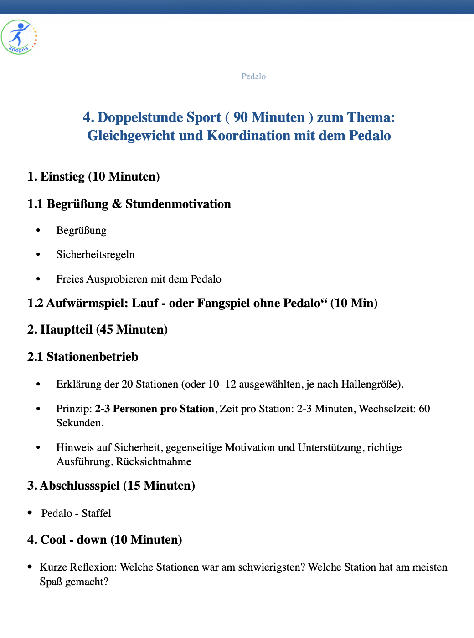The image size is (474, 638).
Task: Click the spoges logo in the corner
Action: coord(19,37)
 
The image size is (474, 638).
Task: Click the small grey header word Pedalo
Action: coord(253,76)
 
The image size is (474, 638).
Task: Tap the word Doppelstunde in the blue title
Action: coord(159,117)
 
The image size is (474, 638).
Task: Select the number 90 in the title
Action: coord(240,117)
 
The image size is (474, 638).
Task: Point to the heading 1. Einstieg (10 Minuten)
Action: coord(93,177)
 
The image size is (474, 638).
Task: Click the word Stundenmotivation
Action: coord(178,204)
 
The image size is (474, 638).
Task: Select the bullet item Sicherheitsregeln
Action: coord(95,254)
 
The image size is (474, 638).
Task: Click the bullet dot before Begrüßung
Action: coord(39,230)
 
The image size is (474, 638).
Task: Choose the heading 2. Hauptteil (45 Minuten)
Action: coord(97,329)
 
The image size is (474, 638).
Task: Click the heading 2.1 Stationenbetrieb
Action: coord(82,357)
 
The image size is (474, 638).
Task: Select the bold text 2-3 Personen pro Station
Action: coord(154,409)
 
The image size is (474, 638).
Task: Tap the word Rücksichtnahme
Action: coord(153,462)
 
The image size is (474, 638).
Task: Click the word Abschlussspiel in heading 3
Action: coord(80,486)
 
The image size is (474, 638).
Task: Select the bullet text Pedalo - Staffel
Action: coord(76,513)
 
